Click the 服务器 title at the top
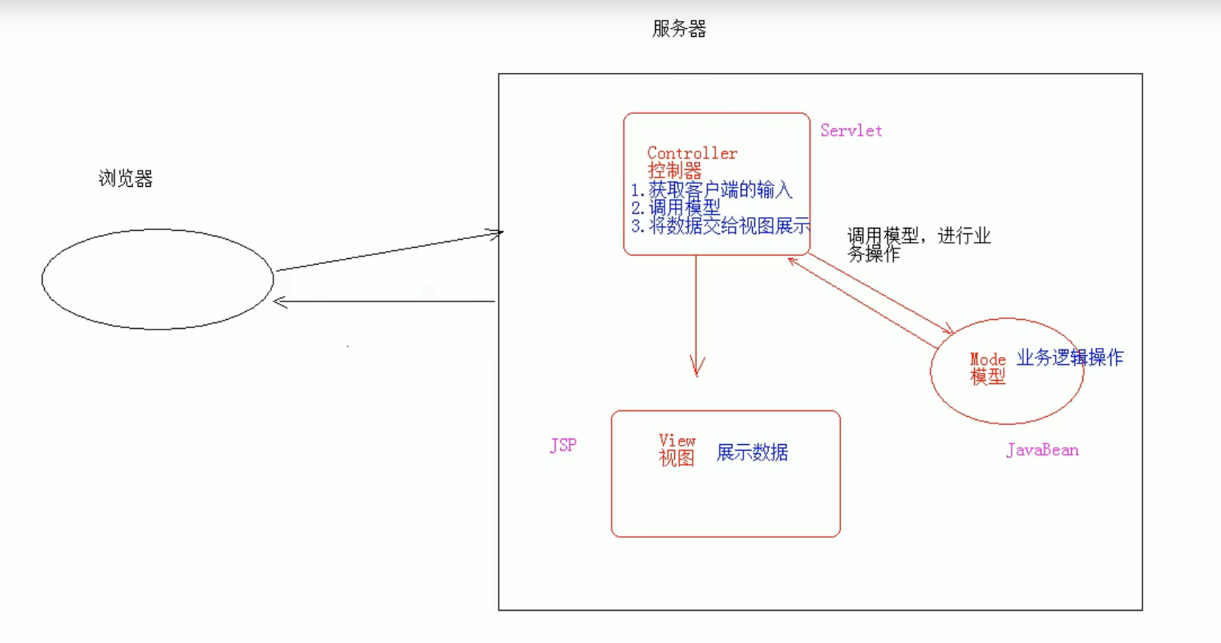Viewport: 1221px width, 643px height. (x=679, y=30)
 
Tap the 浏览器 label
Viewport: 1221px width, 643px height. (x=125, y=179)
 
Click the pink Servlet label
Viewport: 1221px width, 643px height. (x=851, y=131)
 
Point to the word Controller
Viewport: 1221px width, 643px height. (x=692, y=153)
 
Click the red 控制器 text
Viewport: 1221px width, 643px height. (x=674, y=170)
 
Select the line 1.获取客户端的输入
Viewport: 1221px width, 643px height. (x=712, y=190)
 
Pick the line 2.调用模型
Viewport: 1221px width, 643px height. (x=676, y=208)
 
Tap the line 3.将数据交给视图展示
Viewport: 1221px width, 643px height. (x=721, y=226)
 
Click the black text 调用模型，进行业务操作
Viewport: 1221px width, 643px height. (x=918, y=244)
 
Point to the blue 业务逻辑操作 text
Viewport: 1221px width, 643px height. (x=1069, y=358)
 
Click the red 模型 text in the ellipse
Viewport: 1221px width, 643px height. (x=988, y=377)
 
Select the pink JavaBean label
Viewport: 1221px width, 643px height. (x=1042, y=450)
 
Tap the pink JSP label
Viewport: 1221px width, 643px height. (x=563, y=446)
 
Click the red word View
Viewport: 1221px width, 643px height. (x=677, y=440)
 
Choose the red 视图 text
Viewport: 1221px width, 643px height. (x=677, y=458)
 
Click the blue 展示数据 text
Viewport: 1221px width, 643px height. (x=752, y=452)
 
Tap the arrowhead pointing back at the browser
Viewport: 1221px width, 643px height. (x=280, y=301)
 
